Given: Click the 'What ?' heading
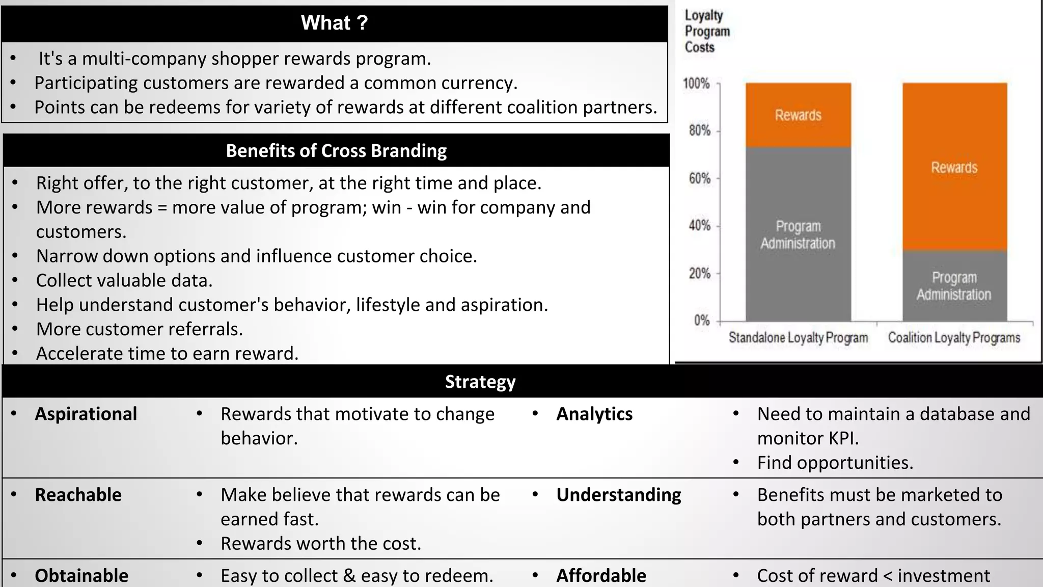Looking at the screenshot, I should (x=334, y=23).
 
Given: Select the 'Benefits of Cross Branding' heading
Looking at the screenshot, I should (x=336, y=151).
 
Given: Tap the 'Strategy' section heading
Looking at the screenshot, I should (x=480, y=382).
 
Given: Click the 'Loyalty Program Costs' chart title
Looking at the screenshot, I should (x=707, y=31).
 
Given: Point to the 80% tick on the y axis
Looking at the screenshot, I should (x=700, y=131).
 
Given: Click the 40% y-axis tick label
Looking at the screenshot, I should (x=700, y=226).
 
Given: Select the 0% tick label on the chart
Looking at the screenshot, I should (x=702, y=321).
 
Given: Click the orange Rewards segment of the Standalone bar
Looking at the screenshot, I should (x=798, y=115).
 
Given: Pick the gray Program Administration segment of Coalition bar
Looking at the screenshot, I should (x=954, y=286).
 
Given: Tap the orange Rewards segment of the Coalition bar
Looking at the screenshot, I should (x=954, y=167).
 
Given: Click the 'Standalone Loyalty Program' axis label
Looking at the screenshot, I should (x=798, y=337).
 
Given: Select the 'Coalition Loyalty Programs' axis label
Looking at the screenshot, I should (x=954, y=337).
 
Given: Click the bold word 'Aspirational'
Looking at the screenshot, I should (x=86, y=414).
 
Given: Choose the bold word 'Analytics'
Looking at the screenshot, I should (x=594, y=414).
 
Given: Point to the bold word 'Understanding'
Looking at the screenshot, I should (x=619, y=495).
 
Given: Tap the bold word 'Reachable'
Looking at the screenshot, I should (x=78, y=495).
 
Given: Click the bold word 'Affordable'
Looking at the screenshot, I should (x=601, y=575).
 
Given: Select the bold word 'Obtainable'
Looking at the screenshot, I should (x=81, y=575).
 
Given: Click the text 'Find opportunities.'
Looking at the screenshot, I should (x=835, y=463).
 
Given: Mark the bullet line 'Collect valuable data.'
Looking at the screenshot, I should (x=124, y=280).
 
